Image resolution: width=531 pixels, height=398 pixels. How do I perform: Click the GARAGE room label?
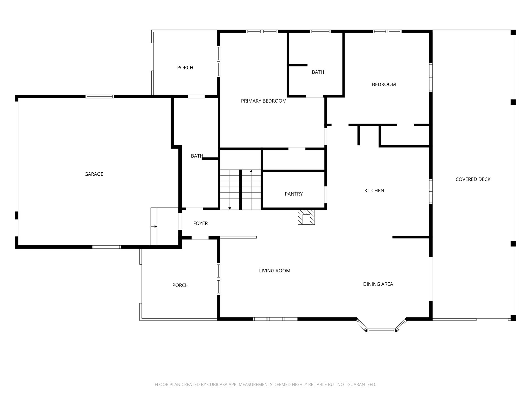tap(94, 174)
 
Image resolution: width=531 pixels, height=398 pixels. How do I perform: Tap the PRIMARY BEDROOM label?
tap(264, 101)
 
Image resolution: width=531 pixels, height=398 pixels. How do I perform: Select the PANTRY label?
tap(294, 194)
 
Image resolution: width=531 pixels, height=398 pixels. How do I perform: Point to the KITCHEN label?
tap(374, 190)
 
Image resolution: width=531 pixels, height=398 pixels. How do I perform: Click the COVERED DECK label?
tap(473, 179)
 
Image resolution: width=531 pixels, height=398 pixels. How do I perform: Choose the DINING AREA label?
tap(378, 284)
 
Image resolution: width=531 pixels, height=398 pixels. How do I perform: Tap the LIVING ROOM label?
tap(275, 271)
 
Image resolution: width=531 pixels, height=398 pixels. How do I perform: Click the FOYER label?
tap(200, 223)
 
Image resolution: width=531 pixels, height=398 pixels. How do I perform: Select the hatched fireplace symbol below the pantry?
tap(306, 217)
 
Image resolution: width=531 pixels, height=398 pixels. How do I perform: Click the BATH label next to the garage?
tap(197, 156)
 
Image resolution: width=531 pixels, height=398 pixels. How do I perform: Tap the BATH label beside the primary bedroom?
tap(318, 72)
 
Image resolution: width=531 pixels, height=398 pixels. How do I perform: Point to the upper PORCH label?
tap(185, 68)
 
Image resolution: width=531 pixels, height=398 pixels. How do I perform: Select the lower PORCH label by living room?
tap(180, 285)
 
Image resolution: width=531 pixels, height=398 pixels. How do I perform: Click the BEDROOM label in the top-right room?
tap(384, 84)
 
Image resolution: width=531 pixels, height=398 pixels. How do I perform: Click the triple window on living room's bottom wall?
tap(275, 319)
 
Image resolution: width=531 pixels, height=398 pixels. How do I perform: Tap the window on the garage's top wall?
tap(100, 96)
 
